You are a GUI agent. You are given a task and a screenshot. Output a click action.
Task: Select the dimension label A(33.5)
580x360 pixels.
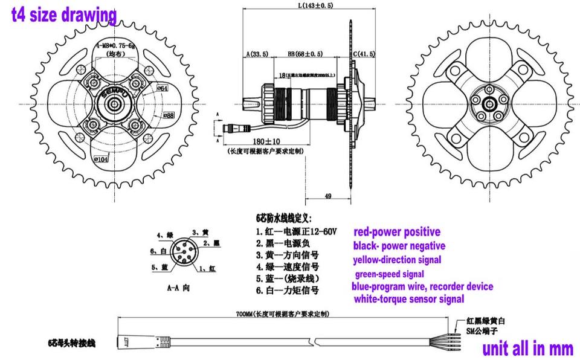pyautogui.click(x=258, y=54)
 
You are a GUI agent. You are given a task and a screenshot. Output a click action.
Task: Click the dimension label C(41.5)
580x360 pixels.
pyautogui.click(x=364, y=54)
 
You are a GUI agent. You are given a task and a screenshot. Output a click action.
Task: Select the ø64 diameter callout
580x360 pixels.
pyautogui.click(x=163, y=88)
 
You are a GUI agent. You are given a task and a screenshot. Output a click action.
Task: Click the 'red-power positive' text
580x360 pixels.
pyautogui.click(x=397, y=232)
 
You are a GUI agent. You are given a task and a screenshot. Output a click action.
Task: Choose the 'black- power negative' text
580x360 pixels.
pyautogui.click(x=399, y=246)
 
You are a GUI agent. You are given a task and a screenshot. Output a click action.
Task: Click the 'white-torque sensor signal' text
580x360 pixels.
pyautogui.click(x=408, y=298)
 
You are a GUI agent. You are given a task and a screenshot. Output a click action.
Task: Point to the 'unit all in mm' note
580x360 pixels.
pyautogui.click(x=527, y=349)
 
